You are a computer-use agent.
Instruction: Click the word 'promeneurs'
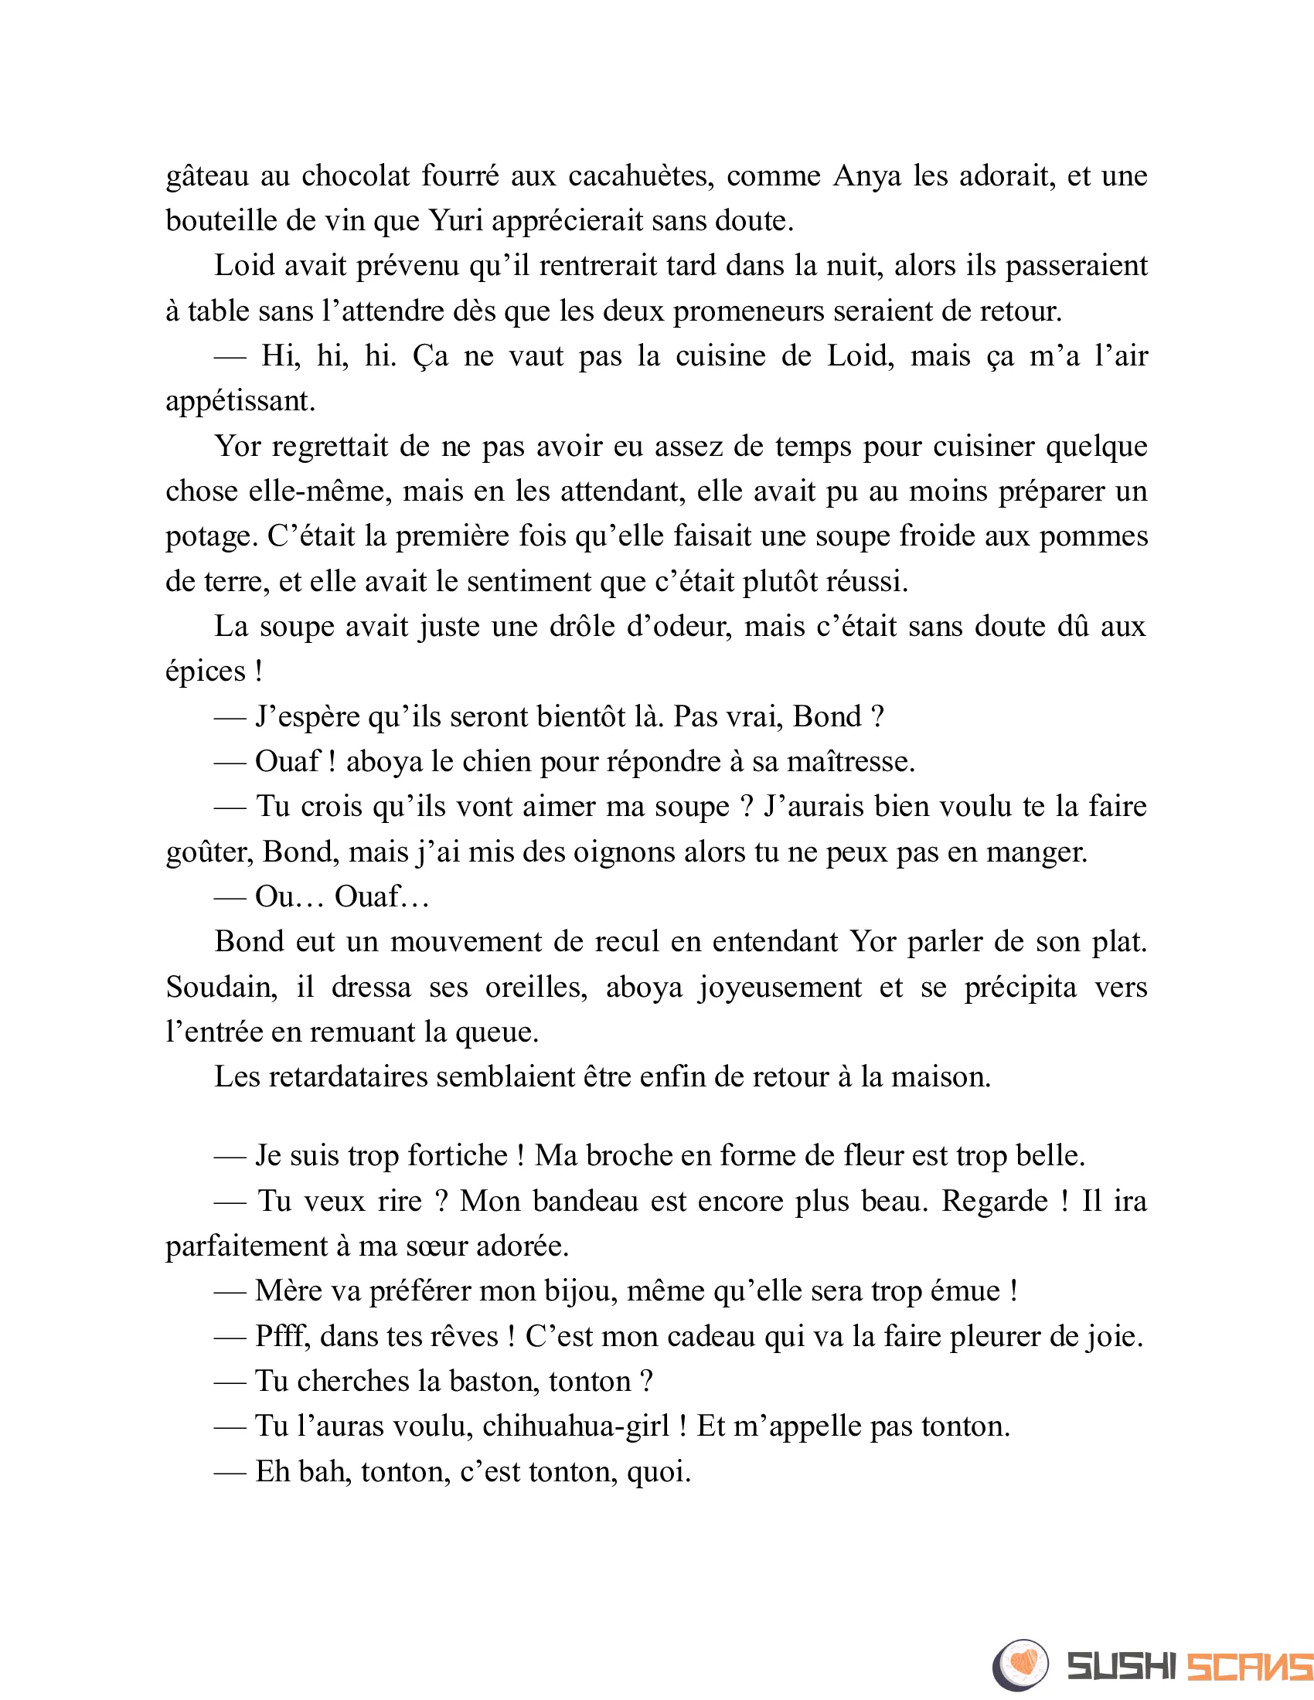tap(749, 311)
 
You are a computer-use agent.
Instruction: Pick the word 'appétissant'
tap(240, 403)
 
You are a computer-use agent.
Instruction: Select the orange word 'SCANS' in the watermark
tap(1250, 1667)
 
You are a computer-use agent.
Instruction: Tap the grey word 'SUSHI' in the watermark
tap(1122, 1667)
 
